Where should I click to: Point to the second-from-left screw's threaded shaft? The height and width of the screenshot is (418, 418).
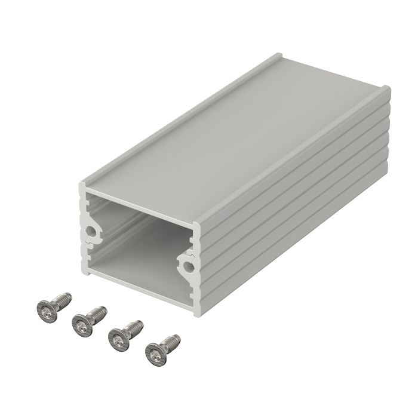click(97, 312)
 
